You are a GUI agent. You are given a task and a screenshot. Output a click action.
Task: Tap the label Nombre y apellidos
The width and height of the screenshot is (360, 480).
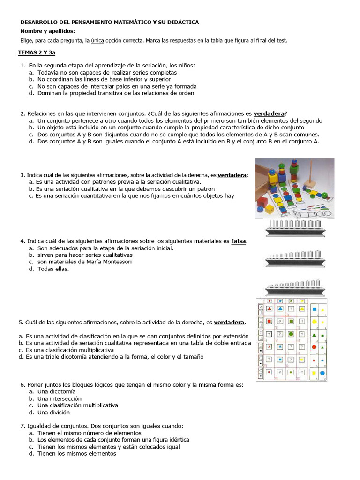[47, 31]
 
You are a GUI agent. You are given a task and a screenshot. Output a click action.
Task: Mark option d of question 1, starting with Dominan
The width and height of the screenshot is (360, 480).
[115, 93]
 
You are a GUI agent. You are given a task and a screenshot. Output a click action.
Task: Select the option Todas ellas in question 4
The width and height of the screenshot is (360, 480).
[53, 269]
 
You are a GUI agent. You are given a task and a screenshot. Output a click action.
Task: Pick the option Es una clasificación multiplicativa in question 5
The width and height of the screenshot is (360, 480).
[69, 350]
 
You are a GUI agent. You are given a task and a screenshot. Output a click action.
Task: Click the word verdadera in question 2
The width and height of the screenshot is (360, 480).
[269, 113]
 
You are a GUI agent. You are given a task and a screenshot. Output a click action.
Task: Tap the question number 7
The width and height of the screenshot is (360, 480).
[22, 426]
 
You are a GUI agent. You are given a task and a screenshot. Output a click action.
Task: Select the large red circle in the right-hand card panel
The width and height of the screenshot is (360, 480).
[314, 347]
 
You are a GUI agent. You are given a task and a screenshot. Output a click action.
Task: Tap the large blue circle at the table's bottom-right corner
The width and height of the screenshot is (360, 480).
[322, 373]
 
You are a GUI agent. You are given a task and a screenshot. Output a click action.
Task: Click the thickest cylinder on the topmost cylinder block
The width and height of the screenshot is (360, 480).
[317, 223]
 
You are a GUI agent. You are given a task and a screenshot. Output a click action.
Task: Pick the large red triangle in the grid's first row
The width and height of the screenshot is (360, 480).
[270, 309]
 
